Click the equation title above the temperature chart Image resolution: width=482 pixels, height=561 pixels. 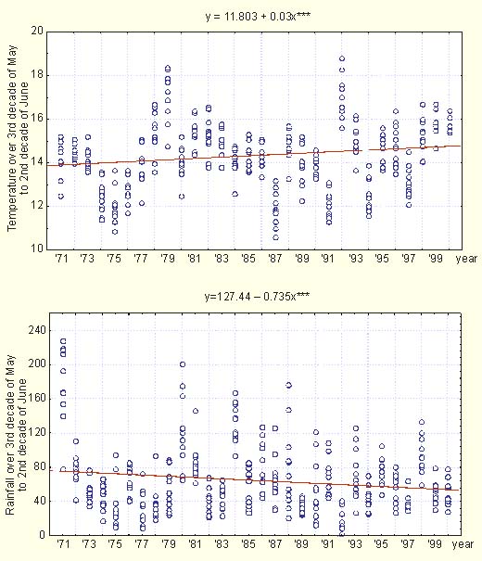(x=258, y=16)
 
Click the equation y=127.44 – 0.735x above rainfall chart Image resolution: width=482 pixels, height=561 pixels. (x=257, y=296)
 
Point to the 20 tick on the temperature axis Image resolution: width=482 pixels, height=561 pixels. (x=37, y=31)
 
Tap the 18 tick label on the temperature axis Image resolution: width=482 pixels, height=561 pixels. (x=37, y=75)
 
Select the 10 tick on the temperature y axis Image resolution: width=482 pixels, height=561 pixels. (x=37, y=248)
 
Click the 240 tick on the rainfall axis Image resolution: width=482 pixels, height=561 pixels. (x=37, y=330)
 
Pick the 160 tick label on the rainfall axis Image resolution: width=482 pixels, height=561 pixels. (x=37, y=398)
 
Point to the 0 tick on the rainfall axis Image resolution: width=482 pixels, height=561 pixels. (x=43, y=535)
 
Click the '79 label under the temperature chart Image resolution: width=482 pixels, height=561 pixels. (x=167, y=259)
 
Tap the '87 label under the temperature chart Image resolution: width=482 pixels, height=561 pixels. (x=274, y=259)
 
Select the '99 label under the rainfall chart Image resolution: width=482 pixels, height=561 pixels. (x=435, y=543)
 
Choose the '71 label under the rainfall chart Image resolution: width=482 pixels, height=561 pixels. (x=62, y=543)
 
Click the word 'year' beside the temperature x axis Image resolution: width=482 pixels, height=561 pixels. (x=466, y=259)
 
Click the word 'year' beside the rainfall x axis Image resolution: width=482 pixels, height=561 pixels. (x=463, y=544)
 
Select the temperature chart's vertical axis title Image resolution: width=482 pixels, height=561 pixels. (x=18, y=138)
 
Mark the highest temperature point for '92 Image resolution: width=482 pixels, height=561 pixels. (x=342, y=58)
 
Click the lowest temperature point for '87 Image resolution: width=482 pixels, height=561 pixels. (x=275, y=237)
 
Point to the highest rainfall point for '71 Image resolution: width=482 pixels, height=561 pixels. (x=63, y=341)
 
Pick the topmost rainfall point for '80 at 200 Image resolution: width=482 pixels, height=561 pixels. (x=183, y=364)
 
